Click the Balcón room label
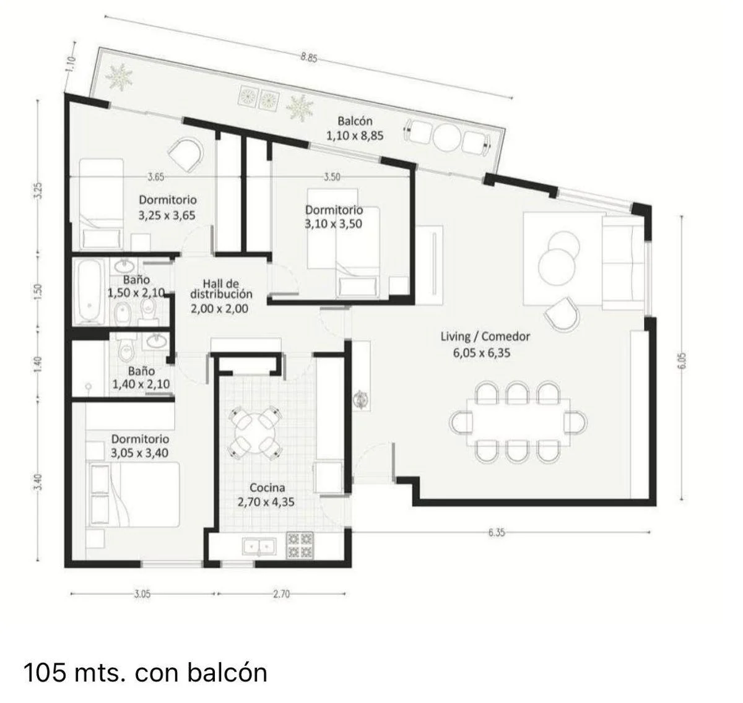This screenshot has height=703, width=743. [x=355, y=121]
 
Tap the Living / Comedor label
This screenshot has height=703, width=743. [x=485, y=336]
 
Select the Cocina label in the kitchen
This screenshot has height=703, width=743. [x=267, y=488]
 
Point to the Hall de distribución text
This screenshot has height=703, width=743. [x=221, y=288]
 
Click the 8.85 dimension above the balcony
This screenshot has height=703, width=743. [x=309, y=58]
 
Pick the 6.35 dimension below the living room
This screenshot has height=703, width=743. [x=496, y=533]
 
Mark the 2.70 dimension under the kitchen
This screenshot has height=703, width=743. [x=281, y=594]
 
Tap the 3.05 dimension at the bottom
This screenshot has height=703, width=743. [x=142, y=594]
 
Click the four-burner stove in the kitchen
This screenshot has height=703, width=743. [x=300, y=545]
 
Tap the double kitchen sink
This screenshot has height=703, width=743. [x=259, y=547]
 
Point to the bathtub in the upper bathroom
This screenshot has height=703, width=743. [x=89, y=291]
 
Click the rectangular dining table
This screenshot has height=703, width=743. [x=518, y=422]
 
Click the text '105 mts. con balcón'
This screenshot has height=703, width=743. [x=146, y=673]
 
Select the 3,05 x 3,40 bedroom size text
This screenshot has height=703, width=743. [x=139, y=452]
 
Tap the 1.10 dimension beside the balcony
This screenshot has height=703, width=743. [x=71, y=64]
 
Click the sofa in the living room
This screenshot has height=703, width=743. [x=623, y=263]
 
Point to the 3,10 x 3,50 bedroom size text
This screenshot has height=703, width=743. [x=333, y=223]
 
